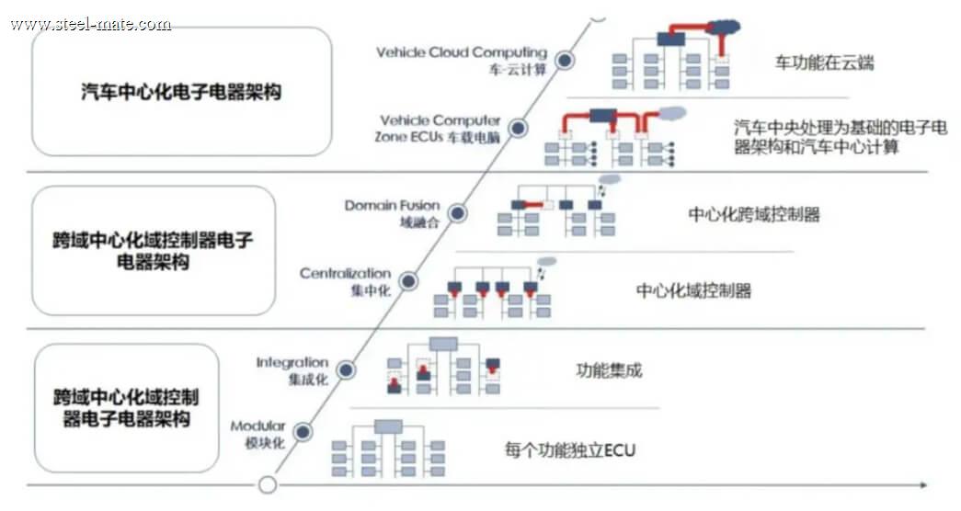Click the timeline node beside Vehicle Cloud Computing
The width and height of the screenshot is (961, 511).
565,60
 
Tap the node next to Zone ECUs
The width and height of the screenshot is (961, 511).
519,128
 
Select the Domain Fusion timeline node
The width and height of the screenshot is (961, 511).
457,213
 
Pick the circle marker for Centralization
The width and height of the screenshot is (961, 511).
408,281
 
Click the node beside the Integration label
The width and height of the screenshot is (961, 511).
347,370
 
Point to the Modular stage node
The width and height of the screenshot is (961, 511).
303,432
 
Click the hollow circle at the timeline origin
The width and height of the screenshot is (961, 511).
268,485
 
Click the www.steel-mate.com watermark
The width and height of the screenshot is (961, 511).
91,25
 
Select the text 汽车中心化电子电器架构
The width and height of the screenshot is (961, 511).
181,92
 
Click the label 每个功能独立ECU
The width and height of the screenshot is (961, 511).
570,450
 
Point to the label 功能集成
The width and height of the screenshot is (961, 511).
609,370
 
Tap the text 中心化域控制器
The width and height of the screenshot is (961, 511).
693,290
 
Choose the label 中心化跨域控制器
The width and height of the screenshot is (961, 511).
754,214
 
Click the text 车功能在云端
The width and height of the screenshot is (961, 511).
824,62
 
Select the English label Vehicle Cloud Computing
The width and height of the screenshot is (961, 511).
462,52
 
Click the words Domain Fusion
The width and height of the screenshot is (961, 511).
393,205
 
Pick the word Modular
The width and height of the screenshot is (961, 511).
258,426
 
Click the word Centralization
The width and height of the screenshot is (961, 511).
345,273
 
